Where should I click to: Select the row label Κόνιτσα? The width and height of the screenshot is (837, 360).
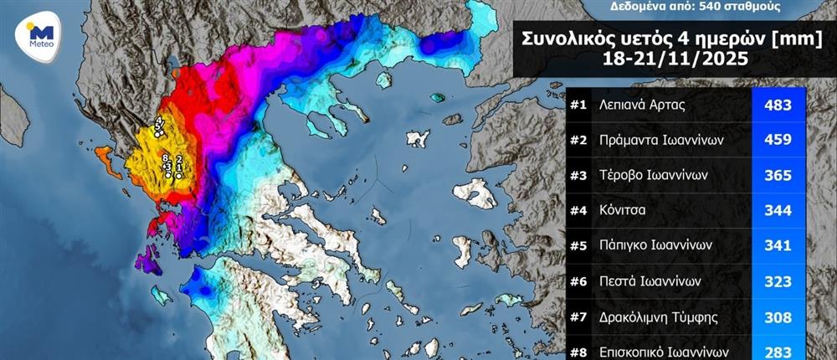click(x=624, y=211)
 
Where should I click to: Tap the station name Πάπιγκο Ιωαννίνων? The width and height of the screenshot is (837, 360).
click(x=655, y=246)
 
